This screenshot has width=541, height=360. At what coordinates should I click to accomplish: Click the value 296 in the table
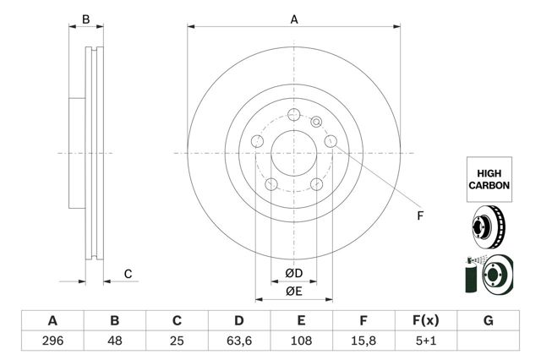click(x=52, y=342)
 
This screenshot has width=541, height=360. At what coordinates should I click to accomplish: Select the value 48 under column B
click(x=115, y=342)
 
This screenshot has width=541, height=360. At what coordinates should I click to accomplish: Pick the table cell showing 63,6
click(x=239, y=342)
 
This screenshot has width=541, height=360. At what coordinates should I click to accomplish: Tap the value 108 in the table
click(x=302, y=342)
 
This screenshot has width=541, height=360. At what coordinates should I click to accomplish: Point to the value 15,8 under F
click(x=363, y=342)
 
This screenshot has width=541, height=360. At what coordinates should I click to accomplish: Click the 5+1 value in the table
click(x=425, y=342)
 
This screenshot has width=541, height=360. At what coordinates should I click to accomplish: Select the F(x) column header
click(x=425, y=321)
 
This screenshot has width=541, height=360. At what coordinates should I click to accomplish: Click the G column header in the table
click(x=488, y=321)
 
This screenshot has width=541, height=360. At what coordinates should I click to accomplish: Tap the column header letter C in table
click(x=178, y=321)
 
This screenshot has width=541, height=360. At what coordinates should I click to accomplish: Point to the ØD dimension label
click(x=293, y=273)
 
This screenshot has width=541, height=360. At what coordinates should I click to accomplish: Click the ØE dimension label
click(x=293, y=292)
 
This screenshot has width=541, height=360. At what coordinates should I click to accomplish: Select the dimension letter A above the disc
click(x=294, y=19)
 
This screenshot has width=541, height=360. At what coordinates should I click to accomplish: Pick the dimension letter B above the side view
click(x=85, y=19)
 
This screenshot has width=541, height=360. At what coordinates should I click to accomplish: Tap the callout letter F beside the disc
click(x=419, y=215)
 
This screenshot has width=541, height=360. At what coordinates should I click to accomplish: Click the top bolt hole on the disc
click(x=294, y=117)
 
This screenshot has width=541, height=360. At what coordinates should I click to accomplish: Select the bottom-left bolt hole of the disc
click(x=271, y=185)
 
